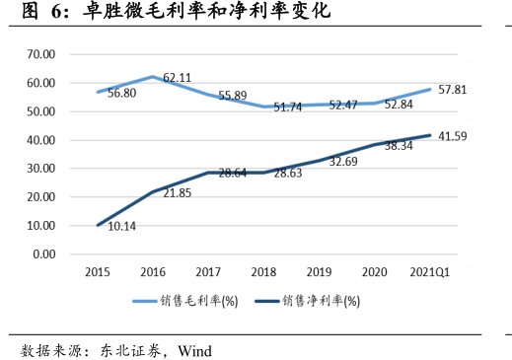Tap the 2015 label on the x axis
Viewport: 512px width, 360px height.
(x=98, y=270)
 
